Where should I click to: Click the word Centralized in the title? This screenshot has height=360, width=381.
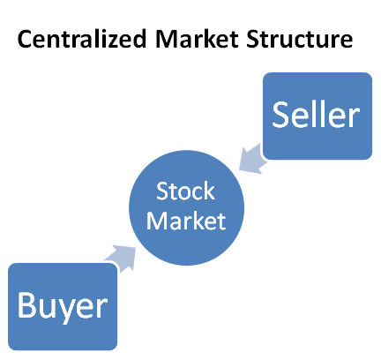point(82,39)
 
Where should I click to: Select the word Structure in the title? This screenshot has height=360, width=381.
point(299,39)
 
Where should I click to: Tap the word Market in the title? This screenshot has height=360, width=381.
point(197,39)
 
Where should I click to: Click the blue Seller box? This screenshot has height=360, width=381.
point(317,116)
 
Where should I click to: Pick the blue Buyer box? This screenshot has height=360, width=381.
point(63,306)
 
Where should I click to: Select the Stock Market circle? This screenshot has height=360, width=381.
point(187,208)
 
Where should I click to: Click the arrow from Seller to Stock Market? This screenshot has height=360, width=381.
point(253,159)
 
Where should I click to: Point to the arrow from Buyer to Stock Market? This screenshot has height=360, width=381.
point(121,258)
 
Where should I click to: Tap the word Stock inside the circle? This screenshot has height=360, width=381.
point(185,191)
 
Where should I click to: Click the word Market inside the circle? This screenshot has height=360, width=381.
point(186,221)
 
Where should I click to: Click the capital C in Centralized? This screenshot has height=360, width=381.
point(25,39)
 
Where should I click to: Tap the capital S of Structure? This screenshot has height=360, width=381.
point(253,39)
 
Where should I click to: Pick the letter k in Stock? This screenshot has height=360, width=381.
point(210,191)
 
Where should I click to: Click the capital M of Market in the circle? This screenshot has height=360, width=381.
point(156,221)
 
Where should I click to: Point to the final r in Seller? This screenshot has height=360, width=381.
point(355,117)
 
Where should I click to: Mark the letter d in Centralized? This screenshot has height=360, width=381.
point(139,39)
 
